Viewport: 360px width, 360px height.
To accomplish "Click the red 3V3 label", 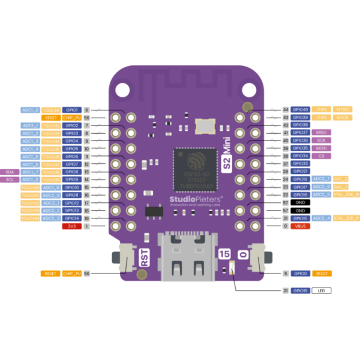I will coord(71,226).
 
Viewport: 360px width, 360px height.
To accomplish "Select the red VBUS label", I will coord(300,226).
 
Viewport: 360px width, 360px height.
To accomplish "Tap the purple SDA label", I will coord(10,172).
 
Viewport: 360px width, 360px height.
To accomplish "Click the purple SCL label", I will coord(10,179).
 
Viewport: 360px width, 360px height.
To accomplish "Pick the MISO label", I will coord(321,133).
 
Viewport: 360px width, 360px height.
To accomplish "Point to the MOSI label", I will coord(321,148).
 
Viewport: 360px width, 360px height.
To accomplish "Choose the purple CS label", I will coord(321,156).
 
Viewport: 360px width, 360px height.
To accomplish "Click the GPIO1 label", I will coord(72,110).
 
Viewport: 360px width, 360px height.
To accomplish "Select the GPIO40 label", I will coord(301,110).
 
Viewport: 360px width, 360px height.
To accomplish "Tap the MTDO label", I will coord(343,110).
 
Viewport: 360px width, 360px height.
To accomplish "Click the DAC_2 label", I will coord(340,179).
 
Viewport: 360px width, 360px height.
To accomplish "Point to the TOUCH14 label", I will coord(30,218).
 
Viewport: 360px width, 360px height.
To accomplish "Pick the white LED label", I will coord(321,290).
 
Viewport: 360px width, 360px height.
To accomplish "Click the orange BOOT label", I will coord(321,274).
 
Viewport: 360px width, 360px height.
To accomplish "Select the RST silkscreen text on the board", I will coord(145,257).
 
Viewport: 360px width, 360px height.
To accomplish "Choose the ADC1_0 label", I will coord(30,110).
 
